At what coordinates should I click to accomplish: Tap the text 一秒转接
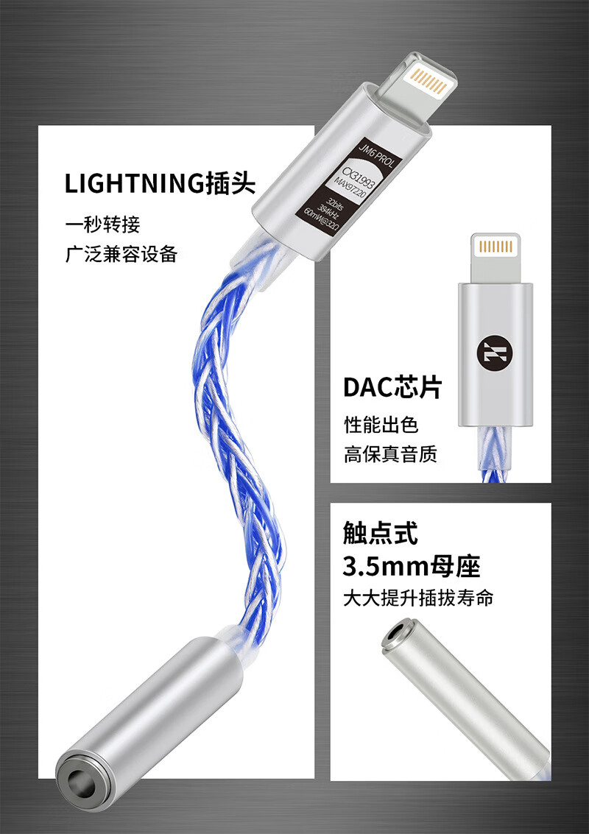coord(102,224)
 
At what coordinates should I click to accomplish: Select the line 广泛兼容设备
coord(121,255)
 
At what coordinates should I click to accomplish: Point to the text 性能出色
coord(381,425)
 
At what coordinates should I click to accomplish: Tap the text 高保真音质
coord(390,455)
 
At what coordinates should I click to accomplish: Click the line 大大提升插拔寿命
coord(418,598)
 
